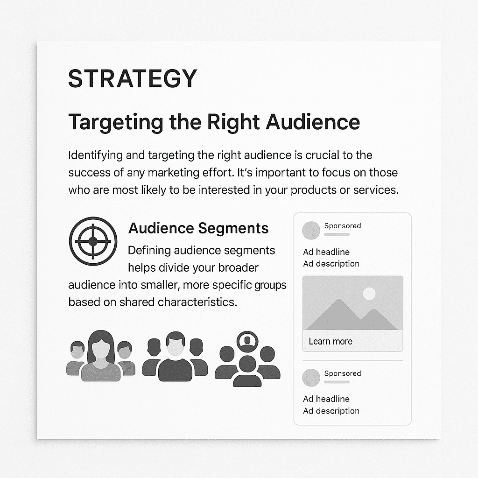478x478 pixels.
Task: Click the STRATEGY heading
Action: [133, 78]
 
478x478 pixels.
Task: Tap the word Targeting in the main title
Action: [116, 123]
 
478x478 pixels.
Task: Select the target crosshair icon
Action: [93, 241]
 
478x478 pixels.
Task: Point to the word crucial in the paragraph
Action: [322, 155]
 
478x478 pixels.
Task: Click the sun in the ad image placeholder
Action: [369, 294]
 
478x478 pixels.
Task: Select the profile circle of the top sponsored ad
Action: [311, 231]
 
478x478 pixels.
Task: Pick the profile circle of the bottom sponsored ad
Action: [311, 378]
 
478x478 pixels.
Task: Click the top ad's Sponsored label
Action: [343, 226]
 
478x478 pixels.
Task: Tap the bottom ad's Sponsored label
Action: [343, 373]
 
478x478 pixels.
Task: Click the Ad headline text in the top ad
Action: [326, 252]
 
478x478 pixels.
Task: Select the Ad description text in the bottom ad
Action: [331, 411]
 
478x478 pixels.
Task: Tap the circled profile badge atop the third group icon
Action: [247, 341]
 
